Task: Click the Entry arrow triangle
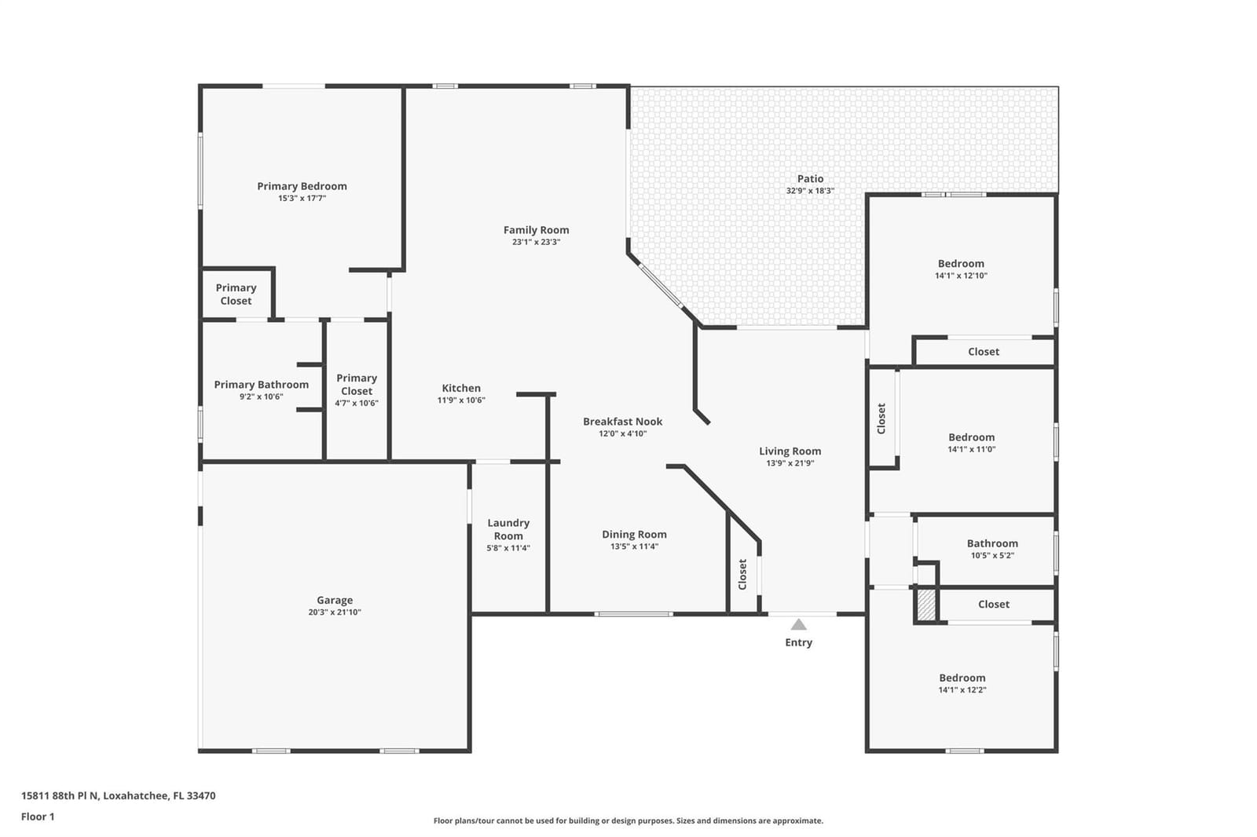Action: pos(798,624)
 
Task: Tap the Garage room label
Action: pos(335,600)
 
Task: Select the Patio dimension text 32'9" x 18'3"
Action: pos(810,191)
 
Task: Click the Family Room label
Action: pos(536,230)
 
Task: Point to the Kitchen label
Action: pos(461,388)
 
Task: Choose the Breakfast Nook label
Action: pos(623,422)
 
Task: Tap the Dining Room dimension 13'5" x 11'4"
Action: pos(634,546)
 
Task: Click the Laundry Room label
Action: pos(508,529)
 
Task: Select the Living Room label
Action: pos(790,451)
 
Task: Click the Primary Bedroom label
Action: pos(302,186)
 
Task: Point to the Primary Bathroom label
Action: pos(262,385)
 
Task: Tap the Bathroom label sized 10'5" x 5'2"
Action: pos(992,543)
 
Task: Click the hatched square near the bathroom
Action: pos(926,605)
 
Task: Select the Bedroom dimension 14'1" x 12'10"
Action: pos(962,276)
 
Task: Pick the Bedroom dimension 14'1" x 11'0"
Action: pos(971,449)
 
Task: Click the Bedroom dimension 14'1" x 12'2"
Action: pos(962,690)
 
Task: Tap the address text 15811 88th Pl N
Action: pos(60,795)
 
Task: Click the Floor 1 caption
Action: pos(38,817)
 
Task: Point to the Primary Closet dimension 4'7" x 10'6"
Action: pos(357,404)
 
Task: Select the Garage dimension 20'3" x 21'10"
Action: pos(335,612)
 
